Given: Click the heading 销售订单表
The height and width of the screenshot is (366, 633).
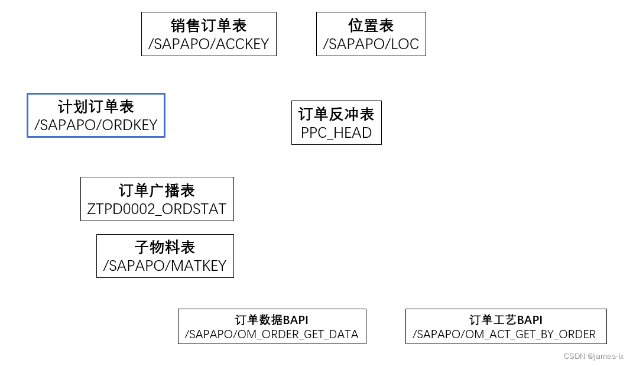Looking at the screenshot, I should tap(209, 26).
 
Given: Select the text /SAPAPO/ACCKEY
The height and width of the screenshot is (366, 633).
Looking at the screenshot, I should tap(209, 44).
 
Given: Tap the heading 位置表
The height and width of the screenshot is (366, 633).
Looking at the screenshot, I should tap(371, 26).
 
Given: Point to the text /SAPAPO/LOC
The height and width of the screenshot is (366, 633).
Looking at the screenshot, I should tap(371, 44).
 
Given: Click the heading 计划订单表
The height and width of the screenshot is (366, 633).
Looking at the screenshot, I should tap(96, 107).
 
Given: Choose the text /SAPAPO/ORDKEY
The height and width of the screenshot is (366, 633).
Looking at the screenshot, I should tap(96, 125).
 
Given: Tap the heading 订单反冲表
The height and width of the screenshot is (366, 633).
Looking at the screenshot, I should tap(336, 114).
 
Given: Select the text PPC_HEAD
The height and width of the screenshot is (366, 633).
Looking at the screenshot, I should tap(336, 133).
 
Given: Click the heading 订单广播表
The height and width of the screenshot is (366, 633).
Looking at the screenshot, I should tap(157, 190).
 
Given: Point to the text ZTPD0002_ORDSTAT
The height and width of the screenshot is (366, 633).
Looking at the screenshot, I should tap(157, 209).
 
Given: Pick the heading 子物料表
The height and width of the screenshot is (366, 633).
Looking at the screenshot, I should tap(165, 247).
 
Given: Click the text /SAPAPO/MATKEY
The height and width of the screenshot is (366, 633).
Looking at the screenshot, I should tap(165, 266).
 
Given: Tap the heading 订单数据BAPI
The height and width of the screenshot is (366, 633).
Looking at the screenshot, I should tap(272, 320).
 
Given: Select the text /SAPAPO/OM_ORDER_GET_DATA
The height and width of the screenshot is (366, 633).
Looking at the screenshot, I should tap(272, 335).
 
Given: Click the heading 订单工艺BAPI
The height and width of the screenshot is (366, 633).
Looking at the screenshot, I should tap(506, 320).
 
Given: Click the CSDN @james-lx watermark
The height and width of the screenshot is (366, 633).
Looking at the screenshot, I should tap(593, 356).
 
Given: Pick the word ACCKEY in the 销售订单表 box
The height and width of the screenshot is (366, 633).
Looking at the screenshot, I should tap(242, 44).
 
